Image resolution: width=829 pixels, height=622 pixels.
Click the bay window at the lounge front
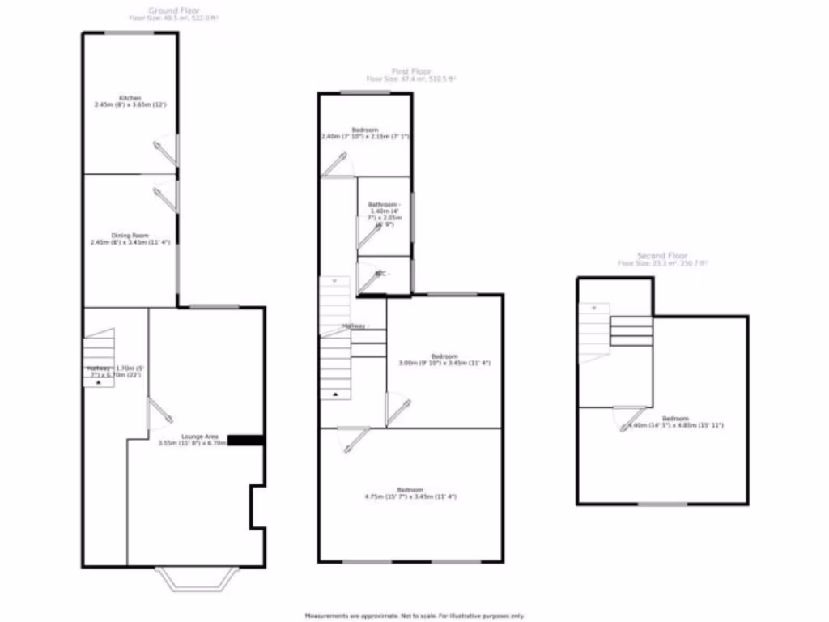point(197,578)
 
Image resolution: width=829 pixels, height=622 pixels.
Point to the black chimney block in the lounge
point(246,440)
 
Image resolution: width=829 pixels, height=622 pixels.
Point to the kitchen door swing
point(165,151)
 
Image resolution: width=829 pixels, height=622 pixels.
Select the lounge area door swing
point(159,411)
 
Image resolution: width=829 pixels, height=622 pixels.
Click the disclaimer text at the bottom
point(414,616)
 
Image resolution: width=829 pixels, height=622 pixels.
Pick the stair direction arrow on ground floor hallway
point(99,383)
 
